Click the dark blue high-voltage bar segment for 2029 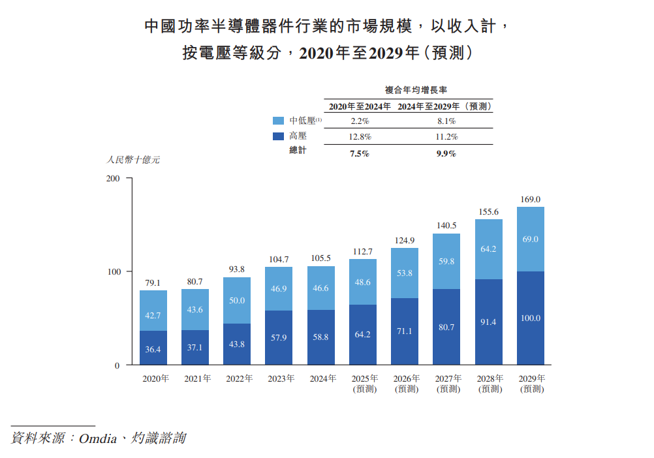point(530,318)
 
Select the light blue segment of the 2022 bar point(236,300)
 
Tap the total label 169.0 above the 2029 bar point(530,200)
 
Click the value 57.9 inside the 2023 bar point(279,337)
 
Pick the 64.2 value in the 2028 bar point(488,249)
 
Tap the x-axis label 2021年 point(196,378)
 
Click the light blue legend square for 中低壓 point(278,121)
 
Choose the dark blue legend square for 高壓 point(278,136)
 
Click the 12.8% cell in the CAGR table point(360,137)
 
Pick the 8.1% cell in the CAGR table point(446,121)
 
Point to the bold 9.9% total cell point(446,154)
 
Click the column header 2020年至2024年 point(360,106)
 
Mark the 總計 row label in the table point(298,151)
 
